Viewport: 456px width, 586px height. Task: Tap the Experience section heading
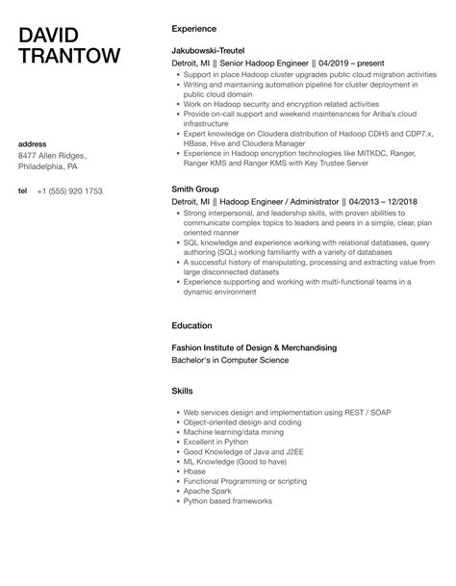pyautogui.click(x=194, y=29)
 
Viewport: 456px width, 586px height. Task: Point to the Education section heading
pyautogui.click(x=192, y=325)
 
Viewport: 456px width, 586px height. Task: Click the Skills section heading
pyautogui.click(x=182, y=392)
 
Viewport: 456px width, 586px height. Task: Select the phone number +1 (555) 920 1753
pyautogui.click(x=70, y=191)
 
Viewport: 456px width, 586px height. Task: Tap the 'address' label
pyautogui.click(x=34, y=144)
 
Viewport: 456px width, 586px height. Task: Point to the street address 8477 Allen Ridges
pyautogui.click(x=52, y=156)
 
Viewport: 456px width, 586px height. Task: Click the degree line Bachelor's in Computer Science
pyautogui.click(x=229, y=360)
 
